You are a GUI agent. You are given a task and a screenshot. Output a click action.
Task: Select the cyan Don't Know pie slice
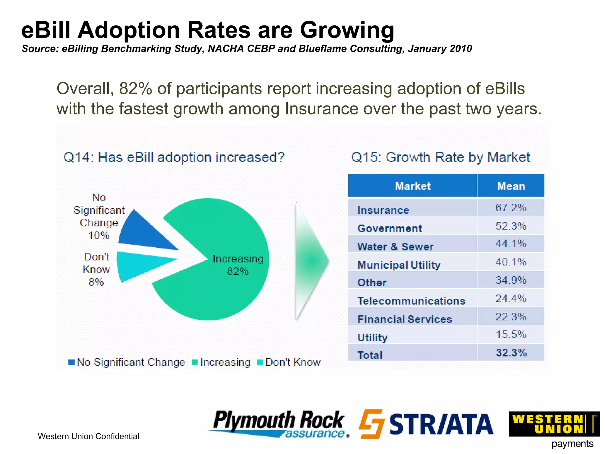(x=139, y=265)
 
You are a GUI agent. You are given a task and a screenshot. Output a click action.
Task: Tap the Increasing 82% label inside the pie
(x=238, y=265)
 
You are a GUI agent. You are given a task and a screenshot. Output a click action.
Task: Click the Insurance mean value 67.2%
(x=511, y=208)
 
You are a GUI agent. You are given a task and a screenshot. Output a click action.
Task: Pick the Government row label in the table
(x=390, y=228)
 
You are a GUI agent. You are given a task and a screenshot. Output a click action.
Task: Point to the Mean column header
(x=511, y=186)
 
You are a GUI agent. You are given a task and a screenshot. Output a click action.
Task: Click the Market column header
(x=413, y=186)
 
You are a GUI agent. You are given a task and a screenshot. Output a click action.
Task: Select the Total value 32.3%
(x=511, y=353)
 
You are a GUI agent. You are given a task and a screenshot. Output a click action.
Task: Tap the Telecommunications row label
(x=411, y=301)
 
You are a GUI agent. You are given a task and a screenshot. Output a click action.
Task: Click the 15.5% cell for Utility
(x=511, y=335)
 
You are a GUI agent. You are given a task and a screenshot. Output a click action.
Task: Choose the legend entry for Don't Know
(x=289, y=362)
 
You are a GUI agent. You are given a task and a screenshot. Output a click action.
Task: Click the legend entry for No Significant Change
(x=127, y=362)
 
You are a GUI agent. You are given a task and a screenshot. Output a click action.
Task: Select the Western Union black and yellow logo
(x=554, y=424)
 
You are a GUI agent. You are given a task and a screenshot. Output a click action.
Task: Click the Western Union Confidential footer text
(x=88, y=436)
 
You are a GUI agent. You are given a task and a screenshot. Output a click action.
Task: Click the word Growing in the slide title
(x=347, y=30)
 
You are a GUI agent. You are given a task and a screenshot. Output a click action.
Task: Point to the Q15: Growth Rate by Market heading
(x=440, y=157)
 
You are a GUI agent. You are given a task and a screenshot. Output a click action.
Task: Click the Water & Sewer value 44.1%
(x=511, y=244)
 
